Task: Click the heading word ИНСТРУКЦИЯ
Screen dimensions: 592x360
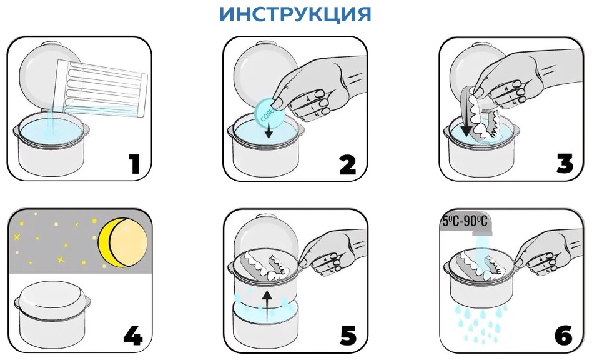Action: click(x=295, y=14)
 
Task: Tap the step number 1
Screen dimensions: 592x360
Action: click(x=135, y=164)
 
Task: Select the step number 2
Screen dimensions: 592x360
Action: click(x=347, y=165)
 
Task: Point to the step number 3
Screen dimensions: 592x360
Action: click(x=565, y=164)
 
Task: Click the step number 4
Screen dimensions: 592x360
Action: click(x=133, y=336)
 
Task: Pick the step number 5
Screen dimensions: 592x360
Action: click(x=348, y=336)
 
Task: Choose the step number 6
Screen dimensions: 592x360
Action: click(x=564, y=336)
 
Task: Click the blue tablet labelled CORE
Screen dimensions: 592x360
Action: click(x=269, y=112)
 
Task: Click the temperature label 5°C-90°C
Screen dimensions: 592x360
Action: click(x=465, y=221)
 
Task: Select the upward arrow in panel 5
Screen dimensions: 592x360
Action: click(x=267, y=304)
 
